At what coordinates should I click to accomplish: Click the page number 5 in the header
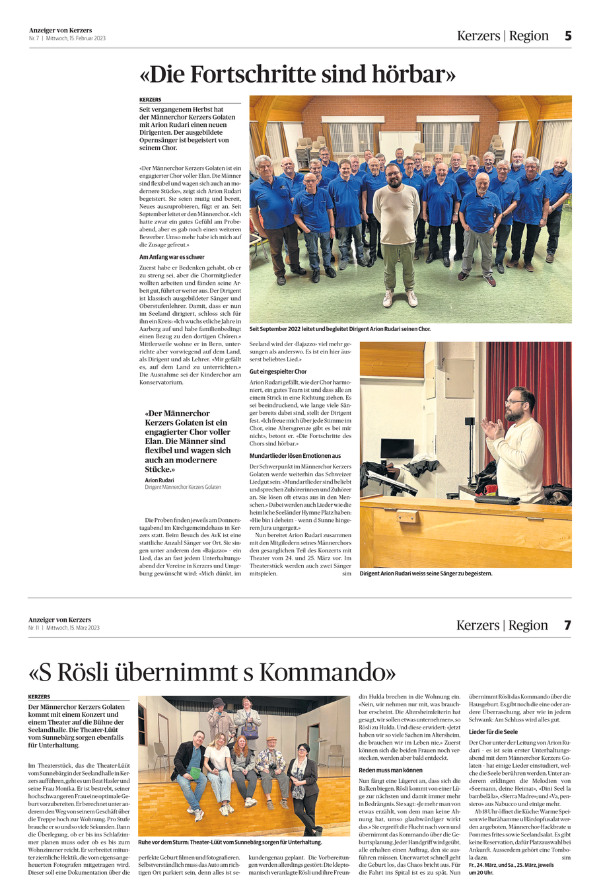pyautogui.click(x=567, y=36)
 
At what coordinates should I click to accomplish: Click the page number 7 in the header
pyautogui.click(x=567, y=625)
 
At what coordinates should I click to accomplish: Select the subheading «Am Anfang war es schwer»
pyautogui.click(x=172, y=257)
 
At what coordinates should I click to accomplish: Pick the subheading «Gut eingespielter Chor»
pyautogui.click(x=278, y=371)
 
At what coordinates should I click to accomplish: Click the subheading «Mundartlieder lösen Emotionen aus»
pyautogui.click(x=295, y=456)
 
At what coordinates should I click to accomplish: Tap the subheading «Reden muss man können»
pyautogui.click(x=390, y=770)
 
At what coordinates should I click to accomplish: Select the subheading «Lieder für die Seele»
pyautogui.click(x=493, y=732)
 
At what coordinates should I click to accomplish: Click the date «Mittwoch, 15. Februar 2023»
pyautogui.click(x=76, y=38)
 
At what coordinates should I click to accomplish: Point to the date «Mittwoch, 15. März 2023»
pyautogui.click(x=73, y=628)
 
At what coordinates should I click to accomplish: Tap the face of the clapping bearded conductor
pyautogui.click(x=518, y=404)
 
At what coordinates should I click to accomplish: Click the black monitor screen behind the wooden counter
pyautogui.click(x=397, y=449)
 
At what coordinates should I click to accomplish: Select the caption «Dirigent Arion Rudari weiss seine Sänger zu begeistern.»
pyautogui.click(x=426, y=573)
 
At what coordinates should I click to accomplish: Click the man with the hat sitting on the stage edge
pyautogui.click(x=271, y=766)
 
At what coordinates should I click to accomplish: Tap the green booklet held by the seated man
pyautogui.click(x=194, y=770)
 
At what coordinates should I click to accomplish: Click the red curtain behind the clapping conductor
pyautogui.click(x=558, y=396)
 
